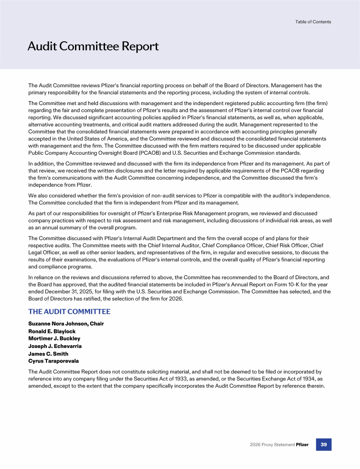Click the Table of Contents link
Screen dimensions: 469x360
pos(313,22)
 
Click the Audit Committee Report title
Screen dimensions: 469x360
pos(93,46)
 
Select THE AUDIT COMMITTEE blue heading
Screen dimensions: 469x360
pos(69,311)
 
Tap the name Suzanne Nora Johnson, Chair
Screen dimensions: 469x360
pos(66,324)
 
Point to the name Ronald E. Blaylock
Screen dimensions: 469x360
pos(52,331)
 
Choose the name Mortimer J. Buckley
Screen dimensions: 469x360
pos(54,339)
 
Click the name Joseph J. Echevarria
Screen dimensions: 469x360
pos(55,346)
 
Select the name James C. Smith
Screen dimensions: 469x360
pos(48,354)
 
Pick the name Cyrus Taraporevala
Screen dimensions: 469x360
pos(53,361)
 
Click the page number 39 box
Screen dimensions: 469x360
pos(323,444)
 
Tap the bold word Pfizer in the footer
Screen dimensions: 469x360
pos(302,445)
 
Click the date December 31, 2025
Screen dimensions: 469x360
pos(63,291)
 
